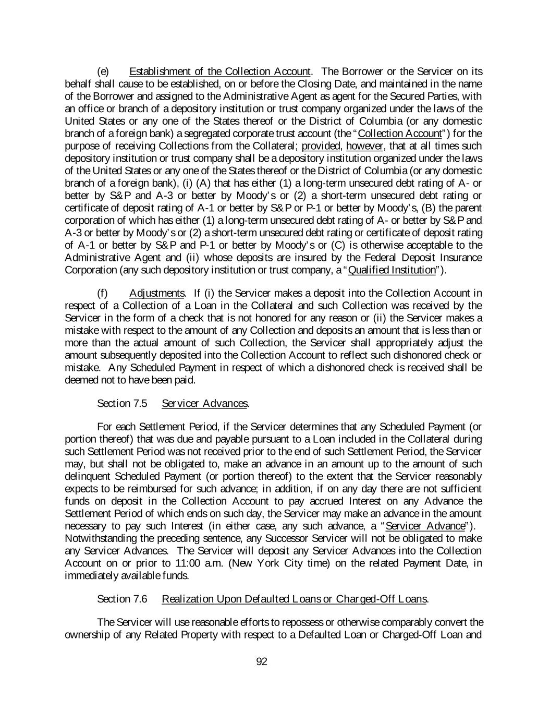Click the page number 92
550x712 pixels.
pyautogui.click(x=262, y=662)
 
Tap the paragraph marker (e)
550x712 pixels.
pyautogui.click(x=103, y=71)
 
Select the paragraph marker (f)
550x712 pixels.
pyautogui.click(x=103, y=293)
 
